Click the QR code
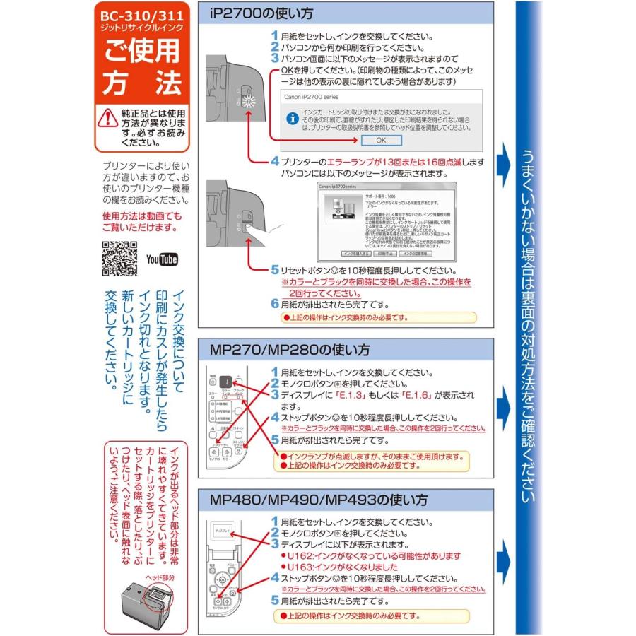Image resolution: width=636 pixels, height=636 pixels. [120, 258]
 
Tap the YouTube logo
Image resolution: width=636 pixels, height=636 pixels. [162, 259]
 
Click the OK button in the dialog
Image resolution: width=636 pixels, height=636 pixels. [381, 140]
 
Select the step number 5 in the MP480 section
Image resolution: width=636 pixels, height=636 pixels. [276, 600]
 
